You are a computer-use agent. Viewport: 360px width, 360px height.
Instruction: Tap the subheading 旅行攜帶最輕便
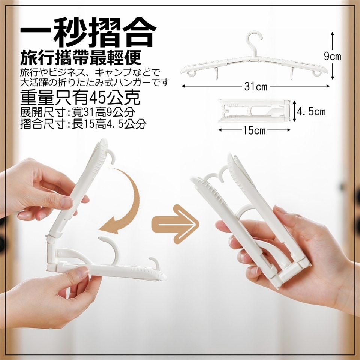(81, 58)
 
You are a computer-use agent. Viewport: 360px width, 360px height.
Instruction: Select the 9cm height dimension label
(333, 56)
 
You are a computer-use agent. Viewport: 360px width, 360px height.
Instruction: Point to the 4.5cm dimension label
(311, 112)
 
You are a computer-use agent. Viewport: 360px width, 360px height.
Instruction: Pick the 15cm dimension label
(254, 130)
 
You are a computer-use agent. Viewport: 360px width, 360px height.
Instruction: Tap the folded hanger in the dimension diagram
(254, 111)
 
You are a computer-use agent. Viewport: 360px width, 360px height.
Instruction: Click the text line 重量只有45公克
(80, 97)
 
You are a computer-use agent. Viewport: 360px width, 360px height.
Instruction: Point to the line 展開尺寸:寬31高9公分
(78, 112)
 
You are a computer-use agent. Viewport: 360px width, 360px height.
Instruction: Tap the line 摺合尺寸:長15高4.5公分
(83, 124)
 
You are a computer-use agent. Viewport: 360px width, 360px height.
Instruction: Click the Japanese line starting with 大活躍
(95, 82)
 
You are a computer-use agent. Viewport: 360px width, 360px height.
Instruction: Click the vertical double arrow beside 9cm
(333, 56)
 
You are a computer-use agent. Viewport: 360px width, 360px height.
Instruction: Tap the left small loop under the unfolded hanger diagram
(190, 73)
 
